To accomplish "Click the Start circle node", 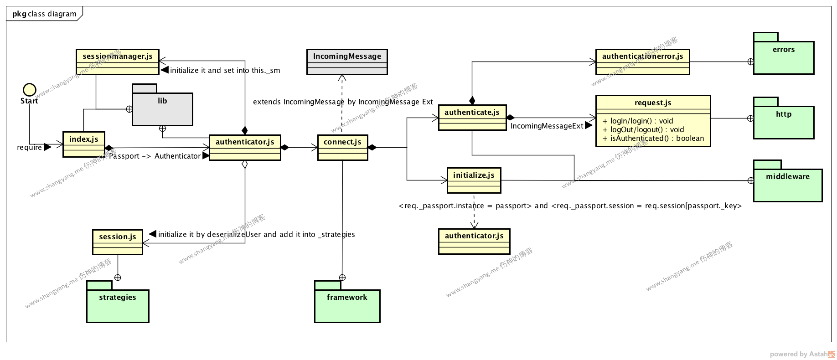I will [30, 90].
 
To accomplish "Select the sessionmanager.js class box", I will [118, 62].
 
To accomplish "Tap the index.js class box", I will [84, 144].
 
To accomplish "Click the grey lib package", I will [162, 108].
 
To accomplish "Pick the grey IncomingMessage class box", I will [347, 62].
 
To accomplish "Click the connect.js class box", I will [342, 147].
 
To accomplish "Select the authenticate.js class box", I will [472, 117].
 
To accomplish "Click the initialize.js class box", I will [474, 180].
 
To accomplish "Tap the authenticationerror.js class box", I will [642, 62].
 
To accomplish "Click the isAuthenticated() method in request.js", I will [653, 139].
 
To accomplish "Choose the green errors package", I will [784, 57].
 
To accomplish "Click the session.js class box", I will [118, 242].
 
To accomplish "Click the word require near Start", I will [29, 148].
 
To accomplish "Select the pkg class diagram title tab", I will [44, 14].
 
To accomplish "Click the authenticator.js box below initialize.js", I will [474, 241].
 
